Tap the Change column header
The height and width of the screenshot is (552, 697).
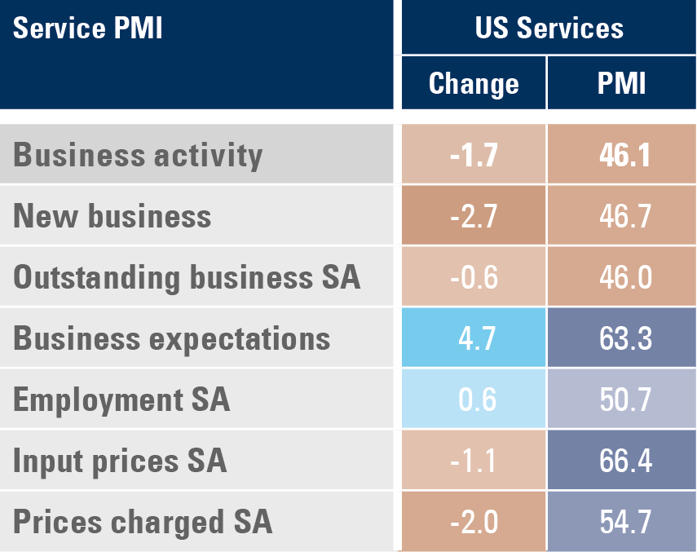pyautogui.click(x=474, y=83)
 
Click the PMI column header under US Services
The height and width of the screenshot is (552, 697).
pyautogui.click(x=621, y=83)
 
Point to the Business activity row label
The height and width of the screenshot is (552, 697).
pyautogui.click(x=139, y=155)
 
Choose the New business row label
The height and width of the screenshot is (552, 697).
pyautogui.click(x=112, y=216)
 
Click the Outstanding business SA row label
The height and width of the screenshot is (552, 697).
pyautogui.click(x=187, y=277)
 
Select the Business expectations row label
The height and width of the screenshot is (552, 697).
pyautogui.click(x=172, y=338)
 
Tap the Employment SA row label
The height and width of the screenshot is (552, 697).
pyautogui.click(x=121, y=400)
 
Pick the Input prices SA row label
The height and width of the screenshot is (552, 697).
pyautogui.click(x=120, y=461)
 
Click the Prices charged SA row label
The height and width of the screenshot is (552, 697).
pyautogui.click(x=143, y=522)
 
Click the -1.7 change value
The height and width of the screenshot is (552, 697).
pyautogui.click(x=474, y=155)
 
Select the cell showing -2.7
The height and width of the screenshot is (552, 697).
pyautogui.click(x=474, y=216)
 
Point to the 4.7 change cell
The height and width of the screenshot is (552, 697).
pyautogui.click(x=474, y=338)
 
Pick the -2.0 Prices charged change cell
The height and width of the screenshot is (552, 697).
pyautogui.click(x=474, y=522)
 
